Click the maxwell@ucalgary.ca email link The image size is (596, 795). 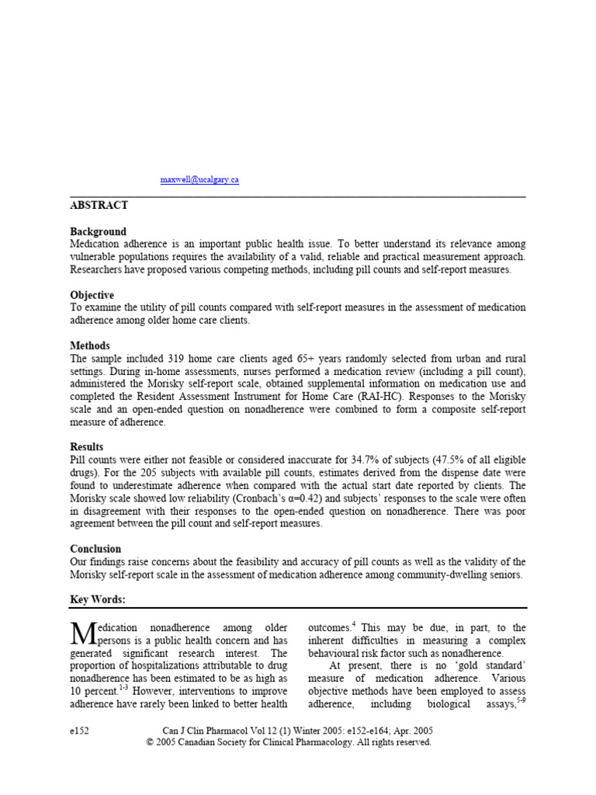coord(199,179)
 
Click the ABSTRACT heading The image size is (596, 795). coord(99,206)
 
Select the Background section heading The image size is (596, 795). coord(98,232)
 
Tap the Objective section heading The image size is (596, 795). coord(92,296)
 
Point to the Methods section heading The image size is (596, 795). coord(90,346)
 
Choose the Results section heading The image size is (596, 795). coord(87,447)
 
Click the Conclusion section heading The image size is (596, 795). coord(95,549)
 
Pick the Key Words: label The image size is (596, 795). coord(97,599)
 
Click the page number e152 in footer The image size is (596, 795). coord(80,731)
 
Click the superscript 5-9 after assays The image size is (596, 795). coord(521,701)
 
